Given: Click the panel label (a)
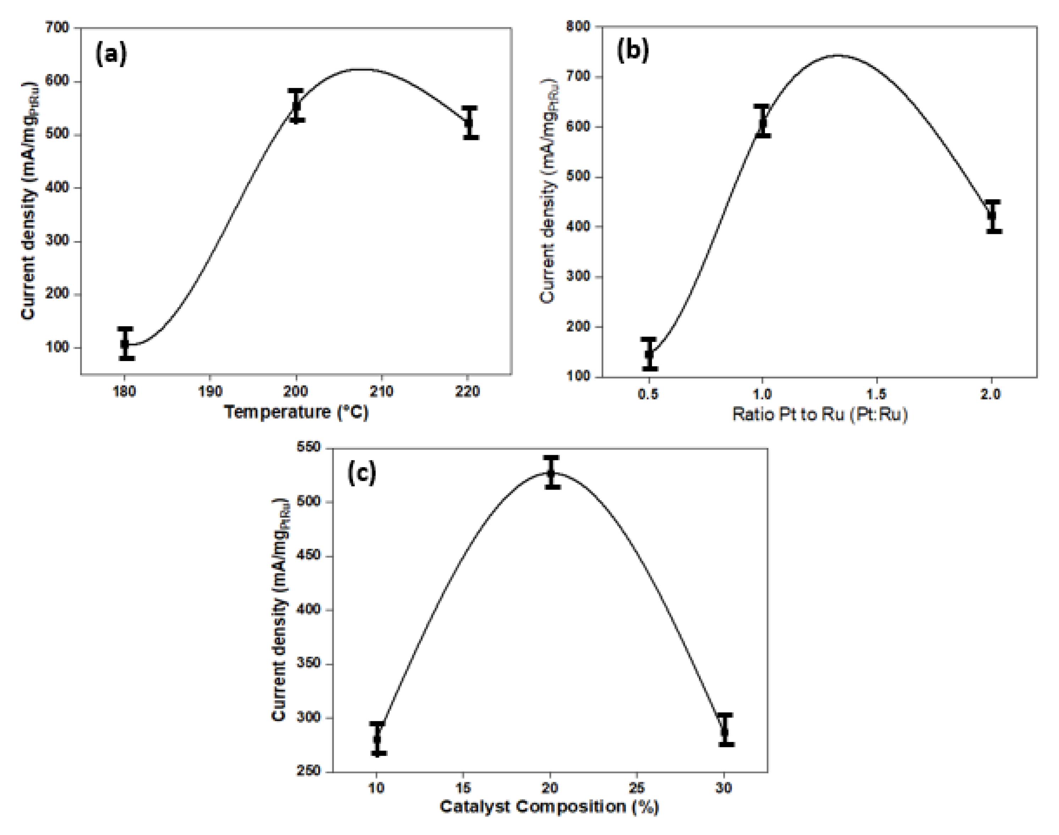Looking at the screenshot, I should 111,54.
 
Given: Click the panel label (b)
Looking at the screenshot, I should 633,50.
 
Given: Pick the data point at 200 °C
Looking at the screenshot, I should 296,105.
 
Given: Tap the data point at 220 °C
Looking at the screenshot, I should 470,122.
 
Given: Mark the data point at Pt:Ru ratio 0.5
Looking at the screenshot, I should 649,354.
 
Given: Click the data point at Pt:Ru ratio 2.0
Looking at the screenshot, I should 992,215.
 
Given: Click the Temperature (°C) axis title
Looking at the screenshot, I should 296,412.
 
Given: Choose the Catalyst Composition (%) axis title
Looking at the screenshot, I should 549,806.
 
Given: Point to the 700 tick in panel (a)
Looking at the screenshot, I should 57,28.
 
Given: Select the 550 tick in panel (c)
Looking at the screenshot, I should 309,447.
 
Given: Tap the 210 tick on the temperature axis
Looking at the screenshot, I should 381,392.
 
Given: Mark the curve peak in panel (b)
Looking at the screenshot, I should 838,55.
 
